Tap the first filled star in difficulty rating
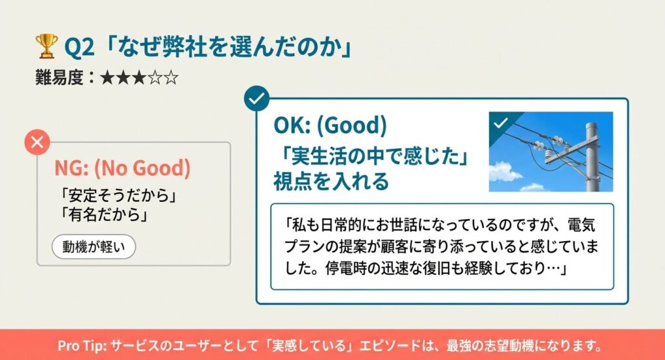[x=107, y=79]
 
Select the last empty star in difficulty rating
[x=171, y=79]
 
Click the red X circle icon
[x=37, y=142]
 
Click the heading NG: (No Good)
[x=122, y=168]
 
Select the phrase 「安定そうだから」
[x=118, y=196]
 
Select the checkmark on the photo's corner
[x=500, y=123]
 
